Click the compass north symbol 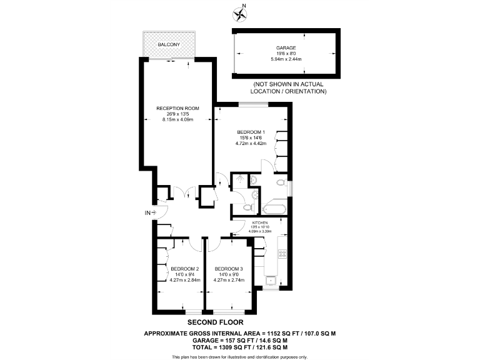tap(239, 12)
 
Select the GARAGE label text tap(286, 47)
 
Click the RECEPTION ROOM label tap(177, 108)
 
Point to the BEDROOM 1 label tap(251, 132)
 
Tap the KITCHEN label tap(260, 222)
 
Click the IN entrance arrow tap(150, 213)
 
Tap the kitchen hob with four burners tap(282, 254)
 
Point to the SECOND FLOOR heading tap(239, 323)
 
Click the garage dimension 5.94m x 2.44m tap(286, 59)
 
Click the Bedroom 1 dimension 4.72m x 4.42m tap(251, 143)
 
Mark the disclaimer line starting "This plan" tap(240, 356)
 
